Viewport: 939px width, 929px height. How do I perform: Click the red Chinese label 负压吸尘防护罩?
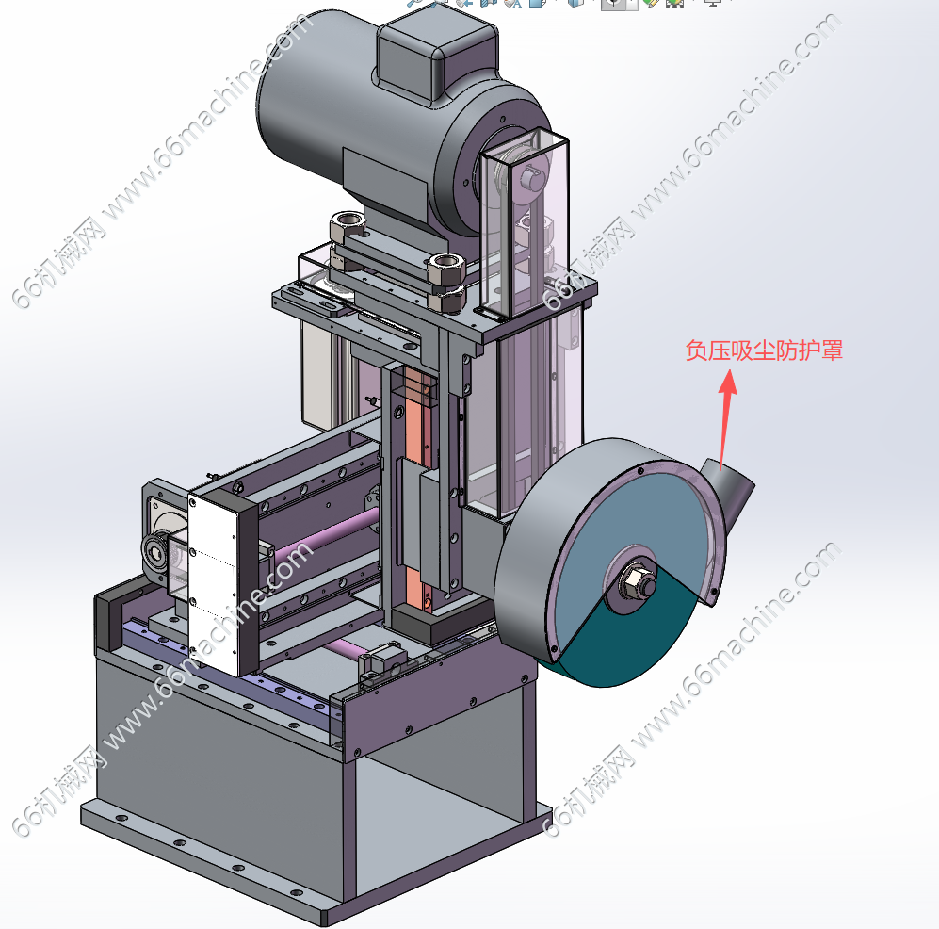764,350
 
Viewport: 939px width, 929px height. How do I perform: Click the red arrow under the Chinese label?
726,418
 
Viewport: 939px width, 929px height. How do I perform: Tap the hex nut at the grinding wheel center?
638,580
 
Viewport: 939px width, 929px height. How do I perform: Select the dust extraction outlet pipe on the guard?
728,491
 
